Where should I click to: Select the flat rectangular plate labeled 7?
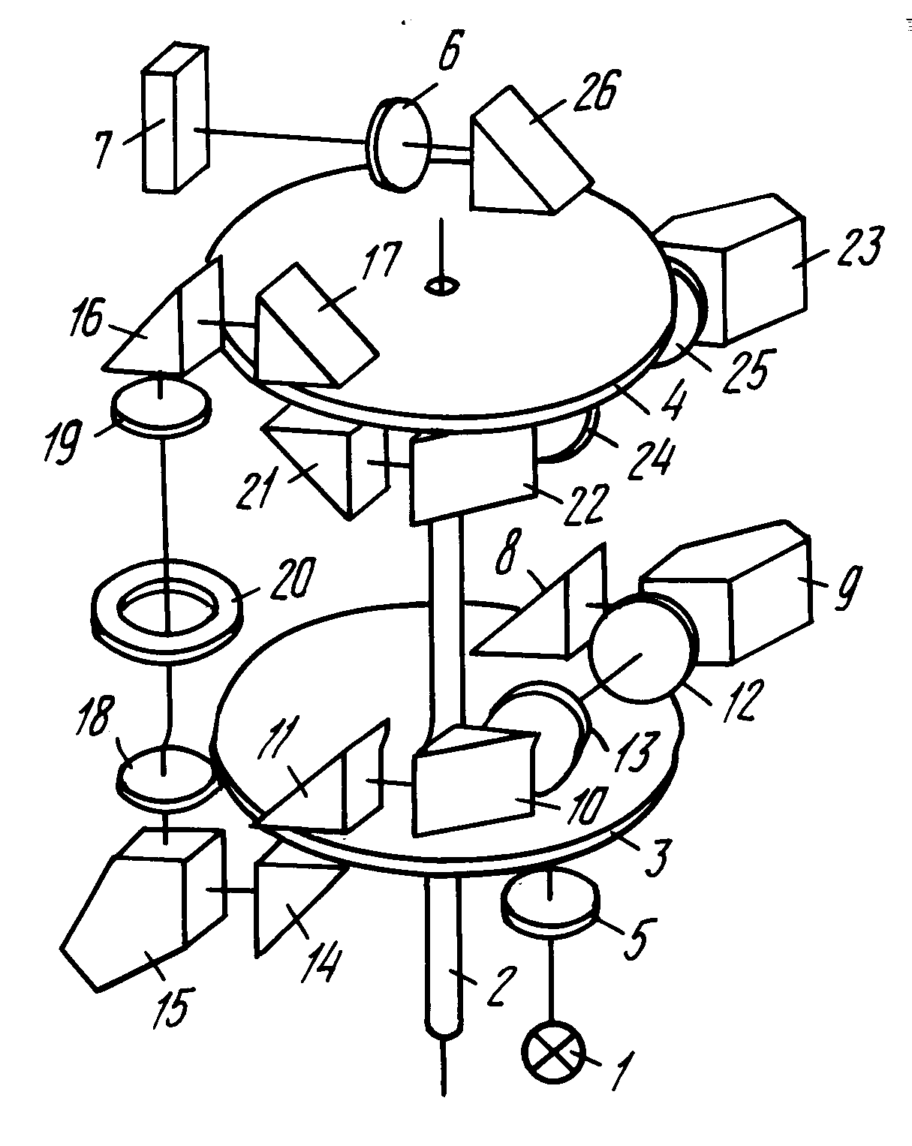(x=175, y=119)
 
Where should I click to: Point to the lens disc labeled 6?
(x=398, y=143)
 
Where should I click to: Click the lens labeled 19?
(x=161, y=408)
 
